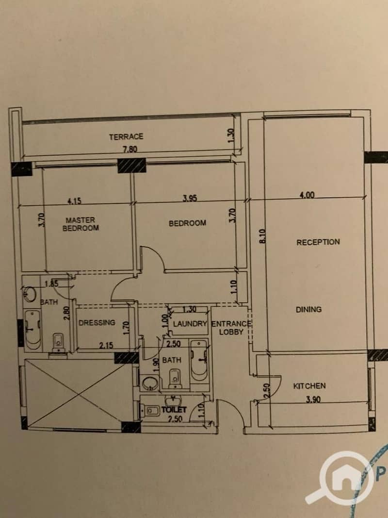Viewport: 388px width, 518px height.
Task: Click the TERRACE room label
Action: point(126,136)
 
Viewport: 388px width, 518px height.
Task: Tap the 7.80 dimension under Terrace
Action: point(130,150)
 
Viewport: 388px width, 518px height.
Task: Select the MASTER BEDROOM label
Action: point(81,224)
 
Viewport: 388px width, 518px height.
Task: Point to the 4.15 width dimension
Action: point(75,201)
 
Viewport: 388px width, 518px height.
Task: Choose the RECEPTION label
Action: point(318,242)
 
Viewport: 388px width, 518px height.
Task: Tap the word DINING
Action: point(308,310)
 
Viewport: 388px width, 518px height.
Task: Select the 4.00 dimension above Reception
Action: point(307,195)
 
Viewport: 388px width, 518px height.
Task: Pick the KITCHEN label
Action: point(309,385)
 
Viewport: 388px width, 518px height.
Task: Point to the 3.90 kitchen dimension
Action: point(313,400)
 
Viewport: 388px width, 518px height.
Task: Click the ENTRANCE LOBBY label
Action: point(231,328)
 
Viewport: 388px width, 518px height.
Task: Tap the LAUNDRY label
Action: point(190,324)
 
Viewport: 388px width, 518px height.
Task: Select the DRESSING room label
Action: point(97,322)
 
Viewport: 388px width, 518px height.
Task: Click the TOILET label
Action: point(174,410)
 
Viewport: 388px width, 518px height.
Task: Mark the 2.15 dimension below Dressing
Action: point(106,345)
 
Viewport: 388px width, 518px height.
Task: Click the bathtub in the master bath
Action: point(32,330)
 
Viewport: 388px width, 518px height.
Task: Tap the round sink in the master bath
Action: point(30,294)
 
